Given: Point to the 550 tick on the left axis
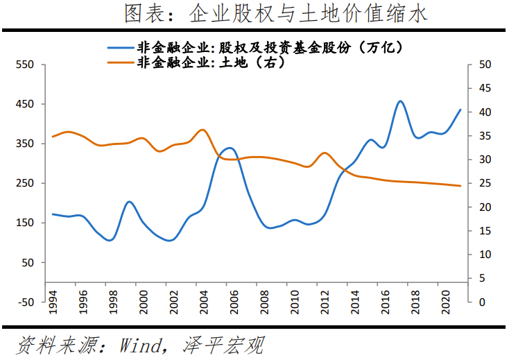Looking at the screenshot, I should tap(25, 65).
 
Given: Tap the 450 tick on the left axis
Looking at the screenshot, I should tap(25, 104).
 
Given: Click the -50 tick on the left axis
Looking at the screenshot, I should tap(25, 302).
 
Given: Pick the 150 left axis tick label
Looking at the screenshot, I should tap(25, 223).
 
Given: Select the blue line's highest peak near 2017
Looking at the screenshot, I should tap(400, 101).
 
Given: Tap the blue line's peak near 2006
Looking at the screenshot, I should tap(231, 148).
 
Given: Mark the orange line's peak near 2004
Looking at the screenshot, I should tap(202, 130).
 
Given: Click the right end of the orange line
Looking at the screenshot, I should tap(460, 186).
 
